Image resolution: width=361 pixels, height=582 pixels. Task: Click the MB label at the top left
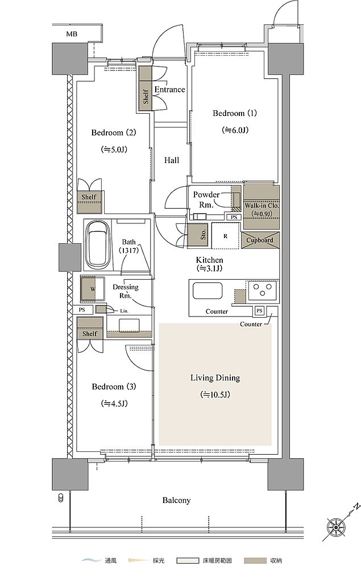click(72, 34)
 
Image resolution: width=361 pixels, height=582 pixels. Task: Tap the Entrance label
click(169, 89)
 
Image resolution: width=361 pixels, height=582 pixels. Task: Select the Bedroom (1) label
click(234, 113)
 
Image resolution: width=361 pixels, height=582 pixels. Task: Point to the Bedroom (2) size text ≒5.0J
click(114, 149)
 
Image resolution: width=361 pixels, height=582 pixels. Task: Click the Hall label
click(172, 160)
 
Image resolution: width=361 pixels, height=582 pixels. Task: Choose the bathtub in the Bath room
click(98, 244)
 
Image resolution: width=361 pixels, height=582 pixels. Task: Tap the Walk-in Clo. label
click(262, 205)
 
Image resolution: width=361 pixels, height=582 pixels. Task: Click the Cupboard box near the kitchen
click(260, 240)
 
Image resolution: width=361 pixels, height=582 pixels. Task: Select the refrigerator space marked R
click(225, 236)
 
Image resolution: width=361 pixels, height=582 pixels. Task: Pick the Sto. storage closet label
click(203, 235)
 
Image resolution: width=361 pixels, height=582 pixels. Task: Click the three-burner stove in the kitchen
click(263, 290)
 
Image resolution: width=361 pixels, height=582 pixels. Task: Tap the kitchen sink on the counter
click(208, 290)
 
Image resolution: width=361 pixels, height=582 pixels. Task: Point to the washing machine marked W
click(93, 289)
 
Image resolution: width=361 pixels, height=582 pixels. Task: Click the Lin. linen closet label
click(124, 311)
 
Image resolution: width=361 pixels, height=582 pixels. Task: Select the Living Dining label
click(215, 378)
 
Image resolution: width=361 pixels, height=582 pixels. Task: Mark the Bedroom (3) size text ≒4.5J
click(114, 404)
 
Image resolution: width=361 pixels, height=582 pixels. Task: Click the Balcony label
click(176, 500)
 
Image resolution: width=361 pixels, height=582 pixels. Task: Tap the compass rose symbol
click(335, 526)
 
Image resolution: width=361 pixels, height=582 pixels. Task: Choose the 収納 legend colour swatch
click(255, 560)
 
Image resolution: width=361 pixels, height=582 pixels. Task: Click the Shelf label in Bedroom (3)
click(90, 334)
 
